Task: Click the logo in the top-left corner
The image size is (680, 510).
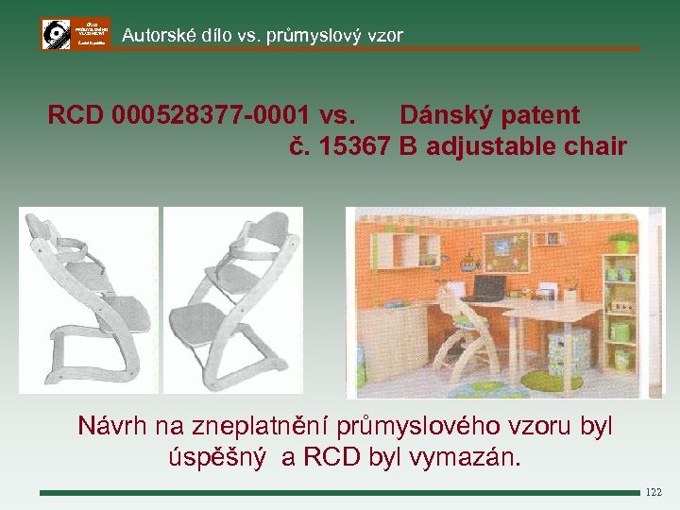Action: pos(76,33)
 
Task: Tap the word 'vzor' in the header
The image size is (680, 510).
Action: pos(385,36)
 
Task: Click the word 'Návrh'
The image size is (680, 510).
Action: pos(112,427)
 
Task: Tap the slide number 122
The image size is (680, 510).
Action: pos(654,492)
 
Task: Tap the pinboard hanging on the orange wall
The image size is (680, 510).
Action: pos(497,248)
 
